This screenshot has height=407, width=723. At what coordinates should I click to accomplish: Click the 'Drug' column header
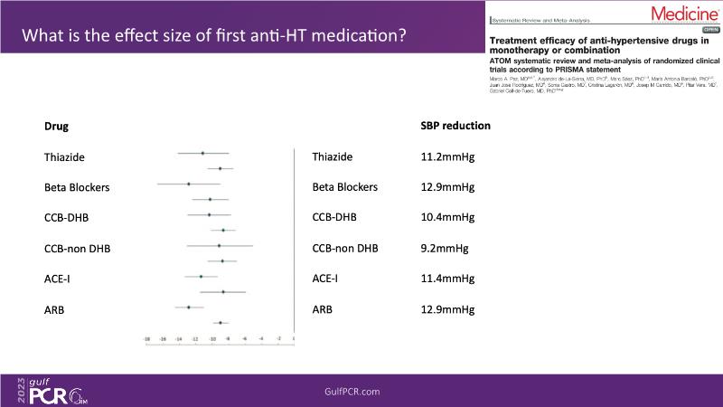57,126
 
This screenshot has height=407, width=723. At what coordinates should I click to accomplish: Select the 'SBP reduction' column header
455,126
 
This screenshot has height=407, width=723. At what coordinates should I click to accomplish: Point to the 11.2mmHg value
447,156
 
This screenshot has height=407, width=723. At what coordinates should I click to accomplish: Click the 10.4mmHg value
447,217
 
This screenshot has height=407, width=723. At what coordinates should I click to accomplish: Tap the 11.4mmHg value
447,279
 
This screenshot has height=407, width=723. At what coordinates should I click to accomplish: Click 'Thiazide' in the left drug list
64,156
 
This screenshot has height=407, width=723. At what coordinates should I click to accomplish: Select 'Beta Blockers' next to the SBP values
345,187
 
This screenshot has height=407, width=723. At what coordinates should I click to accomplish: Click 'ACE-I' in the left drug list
57,279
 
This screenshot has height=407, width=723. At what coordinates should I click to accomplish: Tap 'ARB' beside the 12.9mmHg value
323,309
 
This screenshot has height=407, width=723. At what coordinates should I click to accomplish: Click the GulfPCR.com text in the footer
352,391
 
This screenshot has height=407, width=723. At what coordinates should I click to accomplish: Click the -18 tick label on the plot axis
147,340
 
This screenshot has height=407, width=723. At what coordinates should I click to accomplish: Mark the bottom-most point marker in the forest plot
220,322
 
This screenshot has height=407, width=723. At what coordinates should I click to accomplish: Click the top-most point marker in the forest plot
202,154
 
